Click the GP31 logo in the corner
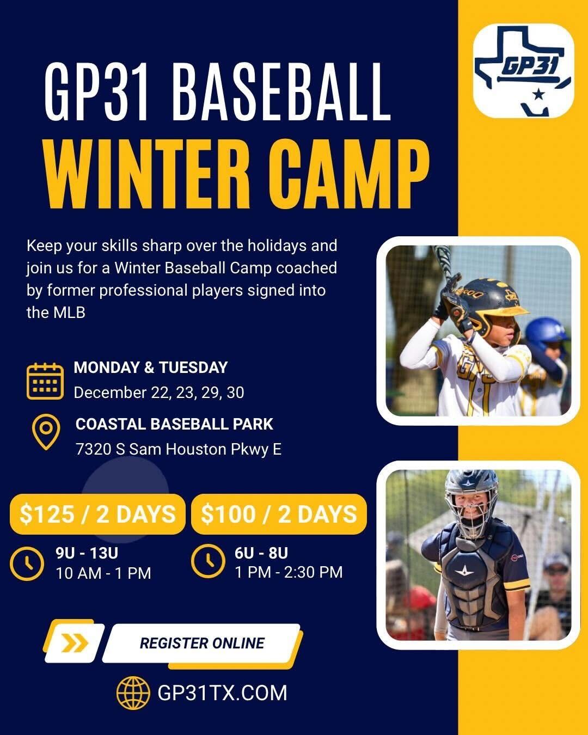coord(523,71)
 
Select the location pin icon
coord(46,432)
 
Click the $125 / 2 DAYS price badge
coord(97,514)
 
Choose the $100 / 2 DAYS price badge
coord(279,514)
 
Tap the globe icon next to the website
coord(133,693)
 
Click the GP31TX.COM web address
coord(222,693)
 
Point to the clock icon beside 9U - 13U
coord(27,563)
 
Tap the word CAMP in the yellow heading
coord(348,174)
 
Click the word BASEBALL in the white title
coord(281,91)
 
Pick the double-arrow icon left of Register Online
coord(75,643)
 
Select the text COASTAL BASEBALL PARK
coord(174,424)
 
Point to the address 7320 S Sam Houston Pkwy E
coord(179,450)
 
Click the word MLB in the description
coord(69,313)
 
